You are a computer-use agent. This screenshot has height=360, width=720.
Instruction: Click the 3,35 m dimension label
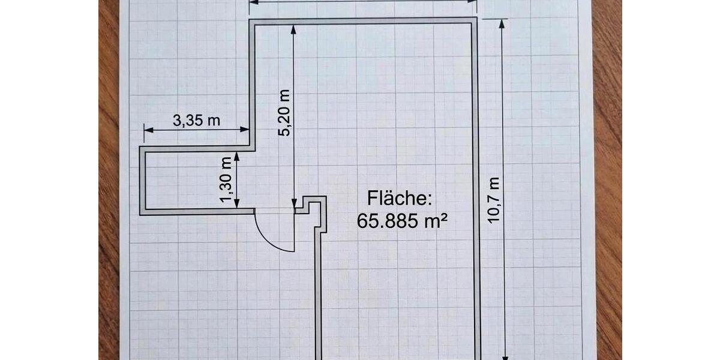(197, 120)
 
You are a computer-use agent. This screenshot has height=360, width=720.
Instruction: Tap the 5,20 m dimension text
(284, 113)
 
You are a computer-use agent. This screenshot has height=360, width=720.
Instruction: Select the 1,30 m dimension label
(226, 179)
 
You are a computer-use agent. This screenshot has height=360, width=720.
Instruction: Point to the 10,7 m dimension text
(494, 200)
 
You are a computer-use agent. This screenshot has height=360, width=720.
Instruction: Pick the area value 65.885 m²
(403, 220)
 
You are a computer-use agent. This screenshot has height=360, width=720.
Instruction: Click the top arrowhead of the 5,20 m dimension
(293, 28)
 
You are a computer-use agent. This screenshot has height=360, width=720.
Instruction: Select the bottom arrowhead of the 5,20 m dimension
(293, 203)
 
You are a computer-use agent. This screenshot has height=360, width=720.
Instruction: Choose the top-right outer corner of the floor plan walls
(476, 18)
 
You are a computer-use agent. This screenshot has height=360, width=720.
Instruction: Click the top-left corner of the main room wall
(250, 21)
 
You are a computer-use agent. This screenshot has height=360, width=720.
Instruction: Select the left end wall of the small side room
(143, 180)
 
